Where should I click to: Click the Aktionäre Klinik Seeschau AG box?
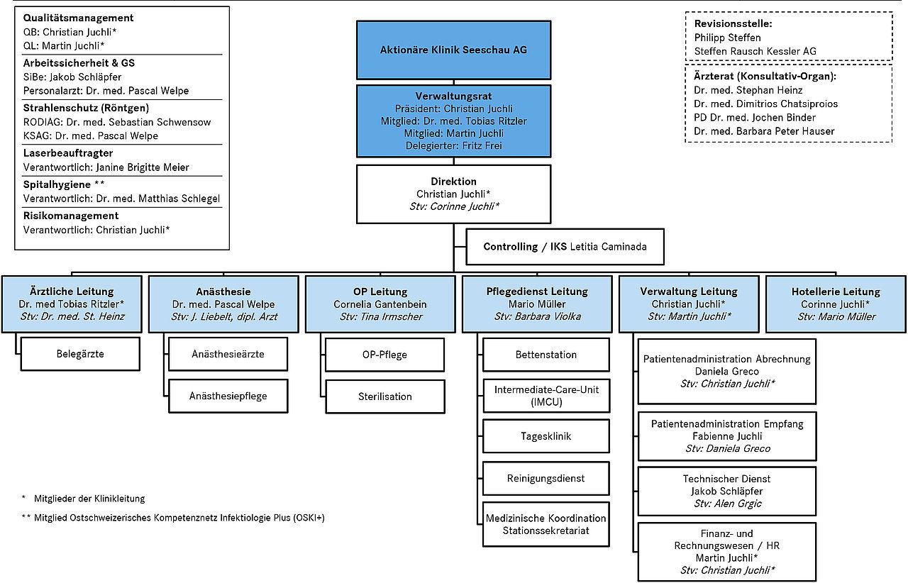453,50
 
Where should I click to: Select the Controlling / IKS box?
565,247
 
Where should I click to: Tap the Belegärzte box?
80,354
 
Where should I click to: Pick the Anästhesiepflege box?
228,396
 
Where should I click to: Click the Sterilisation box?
385,396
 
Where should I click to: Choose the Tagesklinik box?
546,436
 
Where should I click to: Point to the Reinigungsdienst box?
546,479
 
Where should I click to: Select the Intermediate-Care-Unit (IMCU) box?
546,396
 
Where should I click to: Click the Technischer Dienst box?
727,491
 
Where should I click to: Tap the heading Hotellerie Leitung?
836,291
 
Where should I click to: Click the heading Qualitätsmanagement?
78,18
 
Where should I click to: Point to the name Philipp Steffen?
728,38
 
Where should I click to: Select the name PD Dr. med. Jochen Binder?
755,118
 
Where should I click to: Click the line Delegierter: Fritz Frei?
453,145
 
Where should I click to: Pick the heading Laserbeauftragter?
68,153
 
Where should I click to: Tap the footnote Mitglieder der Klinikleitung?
89,499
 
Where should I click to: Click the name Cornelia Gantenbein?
380,304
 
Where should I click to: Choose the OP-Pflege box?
384,355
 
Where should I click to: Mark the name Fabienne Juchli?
727,436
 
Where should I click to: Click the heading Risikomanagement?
71,216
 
